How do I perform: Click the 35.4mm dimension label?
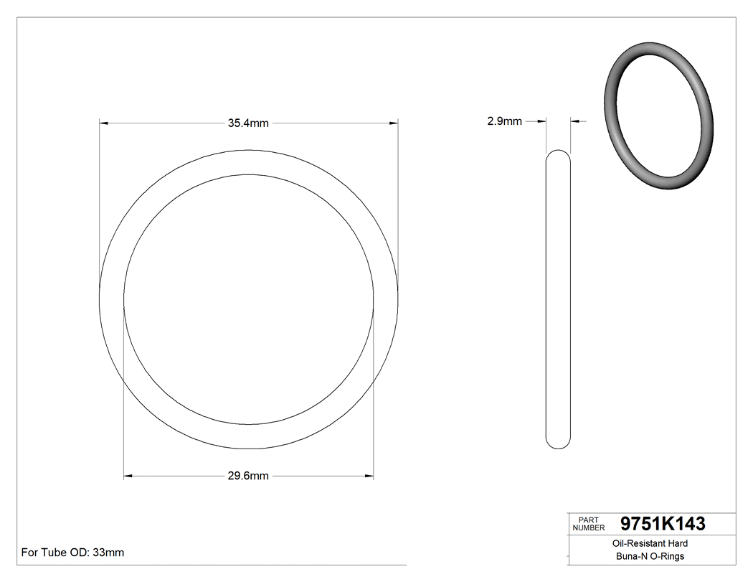[248, 123]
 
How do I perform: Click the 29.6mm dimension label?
[248, 476]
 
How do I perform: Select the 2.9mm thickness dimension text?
[504, 122]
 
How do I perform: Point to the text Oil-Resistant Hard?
[650, 544]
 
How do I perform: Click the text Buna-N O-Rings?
[650, 556]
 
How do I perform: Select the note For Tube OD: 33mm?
[72, 553]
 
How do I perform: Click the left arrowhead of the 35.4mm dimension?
[103, 123]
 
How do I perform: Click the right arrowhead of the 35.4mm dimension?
[394, 123]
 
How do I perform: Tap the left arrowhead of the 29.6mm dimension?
[128, 476]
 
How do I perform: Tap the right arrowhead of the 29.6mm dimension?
[369, 476]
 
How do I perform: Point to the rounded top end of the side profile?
[559, 153]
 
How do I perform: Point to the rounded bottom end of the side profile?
[559, 446]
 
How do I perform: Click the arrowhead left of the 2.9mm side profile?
[542, 122]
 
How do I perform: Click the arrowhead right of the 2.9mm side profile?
[575, 122]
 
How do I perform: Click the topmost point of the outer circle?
[248, 149]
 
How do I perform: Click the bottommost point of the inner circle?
[248, 424]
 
